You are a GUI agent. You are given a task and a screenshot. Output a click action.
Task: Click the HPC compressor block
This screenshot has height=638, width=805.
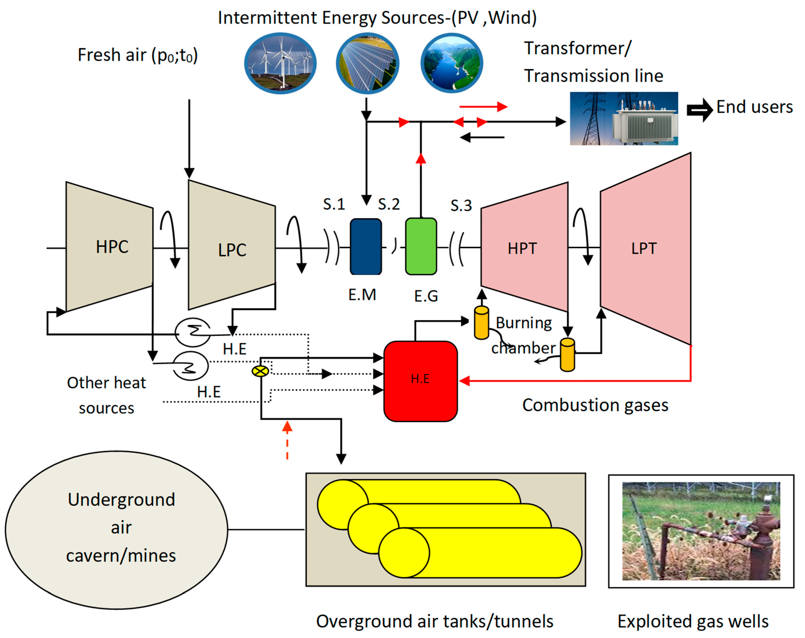110,246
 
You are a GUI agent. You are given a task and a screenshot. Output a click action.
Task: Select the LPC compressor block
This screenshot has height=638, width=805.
232,245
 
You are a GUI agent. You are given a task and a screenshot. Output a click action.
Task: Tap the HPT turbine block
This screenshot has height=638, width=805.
525,247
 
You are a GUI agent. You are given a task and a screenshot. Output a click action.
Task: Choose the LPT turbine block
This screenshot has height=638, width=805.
646,249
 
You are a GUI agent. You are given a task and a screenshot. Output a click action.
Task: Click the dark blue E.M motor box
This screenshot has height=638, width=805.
366,247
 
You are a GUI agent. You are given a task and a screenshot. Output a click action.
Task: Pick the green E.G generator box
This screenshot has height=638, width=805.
421,246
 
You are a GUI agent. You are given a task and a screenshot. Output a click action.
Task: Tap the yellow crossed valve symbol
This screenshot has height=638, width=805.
260,371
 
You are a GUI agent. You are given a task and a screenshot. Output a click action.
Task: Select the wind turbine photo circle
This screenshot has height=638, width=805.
280,63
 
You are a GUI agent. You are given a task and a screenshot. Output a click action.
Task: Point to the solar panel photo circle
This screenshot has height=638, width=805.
367,63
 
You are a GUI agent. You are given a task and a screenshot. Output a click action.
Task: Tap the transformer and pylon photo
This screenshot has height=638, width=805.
624,118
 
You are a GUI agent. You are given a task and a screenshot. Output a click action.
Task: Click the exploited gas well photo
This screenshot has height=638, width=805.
701,531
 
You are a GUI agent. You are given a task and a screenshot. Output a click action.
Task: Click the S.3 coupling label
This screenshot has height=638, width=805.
461,206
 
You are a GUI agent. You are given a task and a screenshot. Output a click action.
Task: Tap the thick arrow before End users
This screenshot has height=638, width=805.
700,110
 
